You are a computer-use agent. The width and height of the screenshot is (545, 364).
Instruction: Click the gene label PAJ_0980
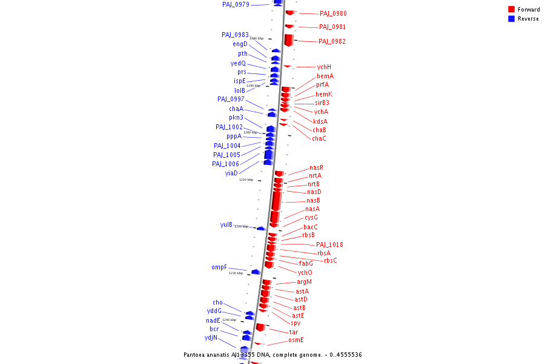[x=333, y=13]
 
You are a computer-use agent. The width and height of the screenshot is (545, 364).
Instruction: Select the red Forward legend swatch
[x=511, y=9]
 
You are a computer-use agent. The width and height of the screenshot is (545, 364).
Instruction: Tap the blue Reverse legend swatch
[x=511, y=18]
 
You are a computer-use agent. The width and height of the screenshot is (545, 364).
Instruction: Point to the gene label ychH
[x=324, y=67]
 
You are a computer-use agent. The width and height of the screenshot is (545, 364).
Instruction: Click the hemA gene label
[x=325, y=76]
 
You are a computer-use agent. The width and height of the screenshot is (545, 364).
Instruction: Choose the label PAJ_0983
[x=235, y=35]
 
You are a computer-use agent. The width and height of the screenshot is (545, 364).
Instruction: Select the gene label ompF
[x=219, y=267]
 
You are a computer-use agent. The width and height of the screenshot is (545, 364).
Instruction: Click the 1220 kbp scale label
[x=241, y=226]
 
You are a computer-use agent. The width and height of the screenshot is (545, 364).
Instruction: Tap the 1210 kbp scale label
[x=246, y=180]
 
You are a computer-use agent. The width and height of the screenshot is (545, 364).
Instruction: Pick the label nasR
[x=316, y=167]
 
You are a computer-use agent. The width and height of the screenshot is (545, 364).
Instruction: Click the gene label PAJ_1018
[x=329, y=244]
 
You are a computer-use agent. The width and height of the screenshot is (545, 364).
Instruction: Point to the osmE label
[x=296, y=340]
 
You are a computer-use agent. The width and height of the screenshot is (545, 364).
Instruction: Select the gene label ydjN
[x=211, y=338]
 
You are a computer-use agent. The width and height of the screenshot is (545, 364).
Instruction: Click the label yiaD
[x=231, y=173]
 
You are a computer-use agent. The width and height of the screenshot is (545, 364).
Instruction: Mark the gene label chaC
[x=319, y=138]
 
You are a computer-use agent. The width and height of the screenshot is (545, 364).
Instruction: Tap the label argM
[x=305, y=281]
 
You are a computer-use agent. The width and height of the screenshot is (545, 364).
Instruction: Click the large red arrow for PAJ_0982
[x=289, y=39]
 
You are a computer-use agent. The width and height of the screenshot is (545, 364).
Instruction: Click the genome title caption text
[x=272, y=354]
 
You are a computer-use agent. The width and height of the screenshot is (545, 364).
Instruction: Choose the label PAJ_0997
[x=231, y=99]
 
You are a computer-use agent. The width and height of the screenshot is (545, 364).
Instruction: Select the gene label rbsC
[x=331, y=260]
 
